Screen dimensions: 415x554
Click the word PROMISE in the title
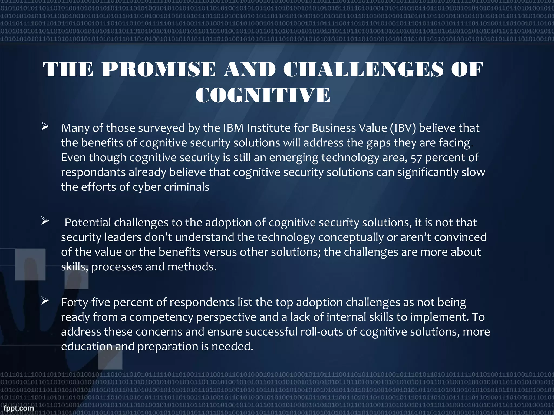(x=159, y=69)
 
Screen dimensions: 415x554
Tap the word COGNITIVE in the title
(x=263, y=95)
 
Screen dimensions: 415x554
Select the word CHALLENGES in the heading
(x=363, y=69)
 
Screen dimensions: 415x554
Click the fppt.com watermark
(x=19, y=408)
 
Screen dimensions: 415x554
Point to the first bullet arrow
(x=45, y=126)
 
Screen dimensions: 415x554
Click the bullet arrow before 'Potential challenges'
(x=45, y=221)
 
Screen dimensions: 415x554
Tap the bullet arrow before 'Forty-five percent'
(x=45, y=301)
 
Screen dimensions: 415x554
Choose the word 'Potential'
(x=88, y=223)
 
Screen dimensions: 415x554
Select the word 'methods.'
(x=192, y=267)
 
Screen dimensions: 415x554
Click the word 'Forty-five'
(x=85, y=302)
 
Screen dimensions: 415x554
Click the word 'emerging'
(x=294, y=158)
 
